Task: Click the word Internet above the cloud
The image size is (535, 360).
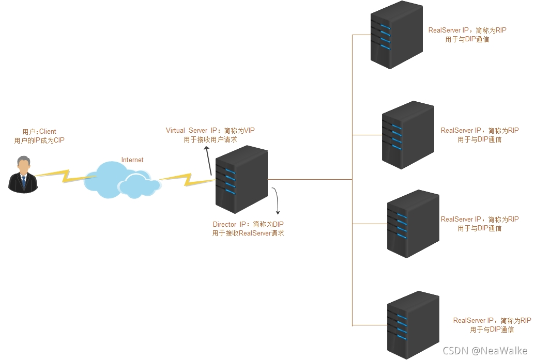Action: pyautogui.click(x=132, y=160)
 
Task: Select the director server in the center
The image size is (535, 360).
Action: pyautogui.click(x=241, y=179)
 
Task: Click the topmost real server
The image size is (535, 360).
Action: pyautogui.click(x=396, y=35)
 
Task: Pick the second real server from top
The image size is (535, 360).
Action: pyautogui.click(x=408, y=135)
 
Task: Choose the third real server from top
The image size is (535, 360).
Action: pyautogui.click(x=413, y=224)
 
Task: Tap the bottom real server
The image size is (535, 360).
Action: pyautogui.click(x=413, y=324)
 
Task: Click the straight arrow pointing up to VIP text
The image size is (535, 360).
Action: pyautogui.click(x=208, y=160)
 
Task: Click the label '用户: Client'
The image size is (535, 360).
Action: pyautogui.click(x=39, y=132)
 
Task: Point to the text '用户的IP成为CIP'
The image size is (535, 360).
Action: pyautogui.click(x=39, y=140)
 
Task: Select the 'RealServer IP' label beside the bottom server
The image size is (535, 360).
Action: pyautogui.click(x=473, y=321)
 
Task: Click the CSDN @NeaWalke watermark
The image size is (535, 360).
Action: pyautogui.click(x=484, y=350)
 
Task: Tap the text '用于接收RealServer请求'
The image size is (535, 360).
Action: pyautogui.click(x=248, y=233)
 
